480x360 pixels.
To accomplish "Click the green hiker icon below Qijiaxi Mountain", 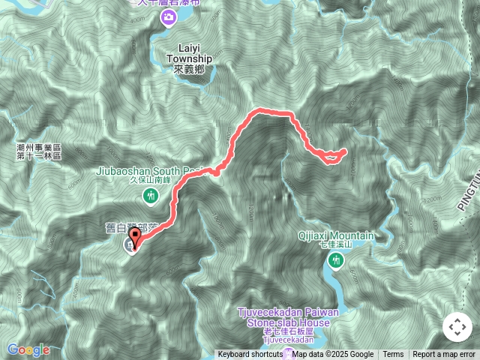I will pyautogui.click(x=334, y=261).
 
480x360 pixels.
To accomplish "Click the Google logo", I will pyautogui.click(x=28, y=349).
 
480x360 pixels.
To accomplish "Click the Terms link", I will pyautogui.click(x=393, y=355).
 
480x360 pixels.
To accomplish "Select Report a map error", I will pyautogui.click(x=444, y=355).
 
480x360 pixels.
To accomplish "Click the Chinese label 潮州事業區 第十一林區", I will pyautogui.click(x=39, y=152).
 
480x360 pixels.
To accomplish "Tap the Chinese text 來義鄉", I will pyautogui.click(x=189, y=69).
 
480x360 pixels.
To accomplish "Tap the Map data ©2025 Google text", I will pyautogui.click(x=333, y=355).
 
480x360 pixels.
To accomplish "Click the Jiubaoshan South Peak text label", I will pyautogui.click(x=150, y=170).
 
